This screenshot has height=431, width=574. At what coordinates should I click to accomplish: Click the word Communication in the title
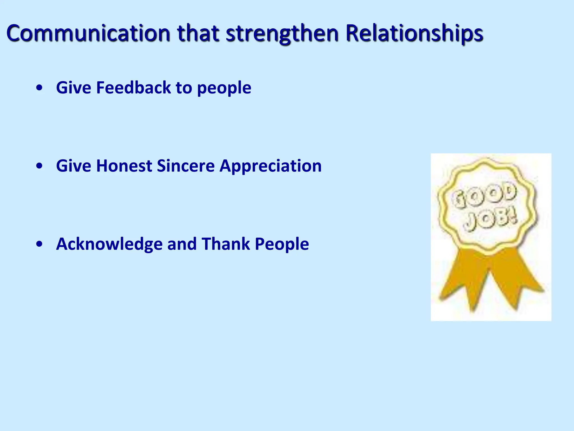pyautogui.click(x=88, y=33)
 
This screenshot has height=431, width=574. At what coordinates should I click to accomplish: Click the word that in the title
pyautogui.click(x=198, y=33)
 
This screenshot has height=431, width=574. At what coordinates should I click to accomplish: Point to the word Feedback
pyautogui.click(x=133, y=88)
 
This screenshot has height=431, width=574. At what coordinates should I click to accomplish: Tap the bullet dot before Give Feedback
pyautogui.click(x=40, y=88)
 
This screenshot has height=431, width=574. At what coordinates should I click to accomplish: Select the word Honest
pyautogui.click(x=124, y=166)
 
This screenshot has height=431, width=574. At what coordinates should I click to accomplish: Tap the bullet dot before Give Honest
pyautogui.click(x=40, y=166)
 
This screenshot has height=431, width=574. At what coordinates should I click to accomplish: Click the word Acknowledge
pyautogui.click(x=109, y=244)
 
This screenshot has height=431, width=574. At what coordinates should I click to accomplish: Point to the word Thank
pyautogui.click(x=226, y=244)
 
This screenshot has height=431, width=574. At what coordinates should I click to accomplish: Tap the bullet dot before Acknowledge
pyautogui.click(x=40, y=244)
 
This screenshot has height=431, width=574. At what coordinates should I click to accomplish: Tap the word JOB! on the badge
pyautogui.click(x=490, y=220)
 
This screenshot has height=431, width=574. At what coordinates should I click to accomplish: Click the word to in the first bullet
pyautogui.click(x=183, y=88)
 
